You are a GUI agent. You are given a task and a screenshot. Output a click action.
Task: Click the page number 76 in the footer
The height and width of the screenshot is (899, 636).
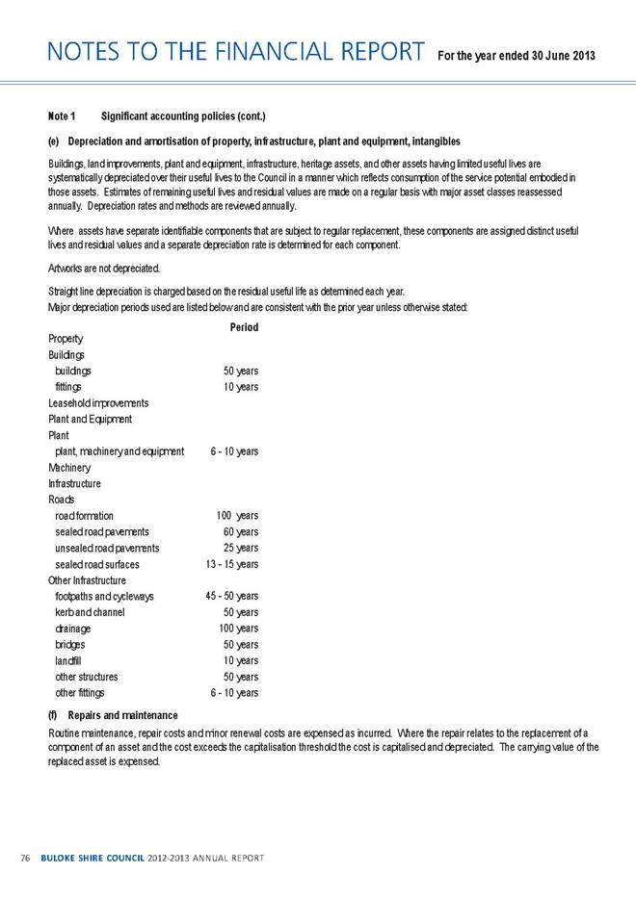click(25, 857)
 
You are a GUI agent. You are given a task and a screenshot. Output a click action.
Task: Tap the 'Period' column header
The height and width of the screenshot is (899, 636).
click(244, 327)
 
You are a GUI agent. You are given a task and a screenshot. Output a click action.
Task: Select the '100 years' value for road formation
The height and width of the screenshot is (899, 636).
click(237, 516)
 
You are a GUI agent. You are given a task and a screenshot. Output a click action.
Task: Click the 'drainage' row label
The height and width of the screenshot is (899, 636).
click(74, 629)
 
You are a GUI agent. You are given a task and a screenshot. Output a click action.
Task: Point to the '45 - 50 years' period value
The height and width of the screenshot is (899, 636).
click(231, 597)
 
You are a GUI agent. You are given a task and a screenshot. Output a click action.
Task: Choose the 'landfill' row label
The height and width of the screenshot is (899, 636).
click(69, 660)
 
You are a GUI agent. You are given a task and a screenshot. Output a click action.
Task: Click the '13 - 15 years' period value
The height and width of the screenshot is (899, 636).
click(231, 564)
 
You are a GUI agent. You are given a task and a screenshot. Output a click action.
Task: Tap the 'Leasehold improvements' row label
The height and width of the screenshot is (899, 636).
click(97, 402)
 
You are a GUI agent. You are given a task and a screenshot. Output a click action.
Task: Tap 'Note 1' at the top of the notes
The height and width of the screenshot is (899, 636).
click(62, 117)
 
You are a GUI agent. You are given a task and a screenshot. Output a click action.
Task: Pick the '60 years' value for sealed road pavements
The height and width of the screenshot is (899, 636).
click(240, 531)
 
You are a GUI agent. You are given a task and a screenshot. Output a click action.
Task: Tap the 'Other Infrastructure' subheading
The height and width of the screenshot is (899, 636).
click(87, 580)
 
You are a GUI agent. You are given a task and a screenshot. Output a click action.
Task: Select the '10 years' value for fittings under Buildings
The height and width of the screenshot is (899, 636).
click(240, 386)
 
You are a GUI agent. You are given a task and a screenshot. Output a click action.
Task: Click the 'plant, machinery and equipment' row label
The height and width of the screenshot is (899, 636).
click(119, 451)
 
